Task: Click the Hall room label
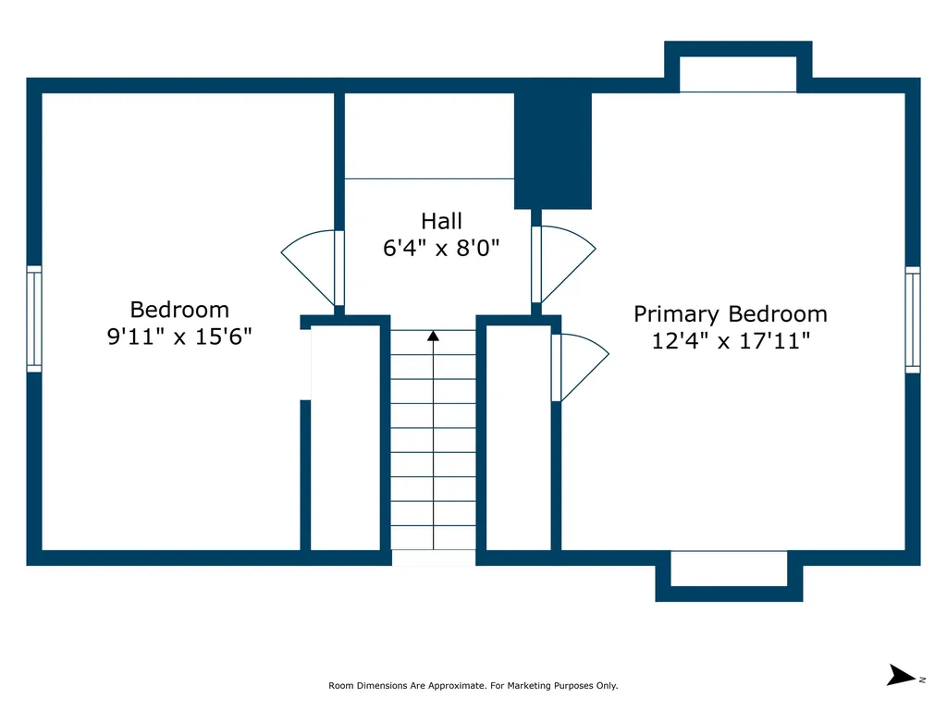pos(441,221)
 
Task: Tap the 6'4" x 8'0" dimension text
pos(441,248)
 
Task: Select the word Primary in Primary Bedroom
pos(676,314)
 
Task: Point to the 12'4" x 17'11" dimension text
pos(731,341)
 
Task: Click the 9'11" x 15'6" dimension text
pos(179,337)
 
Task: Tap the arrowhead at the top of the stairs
pos(433,336)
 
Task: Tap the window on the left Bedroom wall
pos(34,319)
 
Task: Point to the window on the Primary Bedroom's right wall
pos(913,320)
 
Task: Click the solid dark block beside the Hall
pos(553,151)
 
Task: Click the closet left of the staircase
pos(346,437)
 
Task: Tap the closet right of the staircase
pos(519,437)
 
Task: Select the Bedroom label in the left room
pos(179,310)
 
